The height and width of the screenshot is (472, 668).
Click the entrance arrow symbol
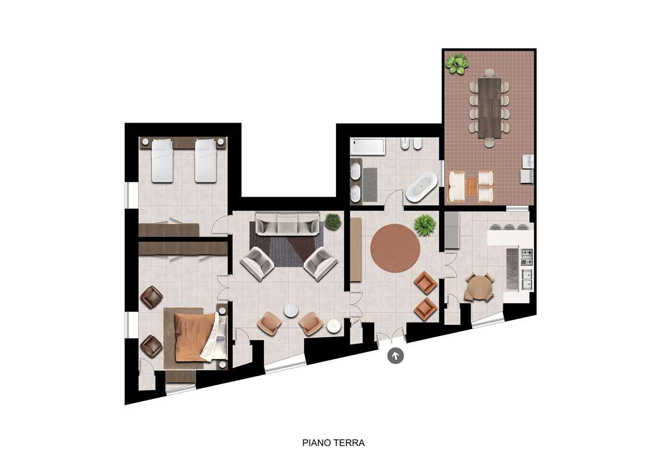(396, 356)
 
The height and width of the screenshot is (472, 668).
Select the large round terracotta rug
(395, 248)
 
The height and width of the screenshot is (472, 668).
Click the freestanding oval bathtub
(421, 187)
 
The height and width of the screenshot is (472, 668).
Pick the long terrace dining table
(490, 108)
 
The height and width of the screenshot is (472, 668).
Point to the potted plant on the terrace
(456, 64)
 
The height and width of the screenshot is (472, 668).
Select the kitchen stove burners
(527, 257)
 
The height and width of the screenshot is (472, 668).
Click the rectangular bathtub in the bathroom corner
(367, 147)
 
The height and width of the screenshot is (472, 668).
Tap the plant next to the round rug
(425, 225)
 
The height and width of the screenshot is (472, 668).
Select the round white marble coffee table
(291, 311)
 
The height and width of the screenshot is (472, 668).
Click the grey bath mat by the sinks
(370, 184)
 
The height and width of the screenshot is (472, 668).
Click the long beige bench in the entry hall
(356, 249)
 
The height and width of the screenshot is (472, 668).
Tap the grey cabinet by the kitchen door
(452, 231)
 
